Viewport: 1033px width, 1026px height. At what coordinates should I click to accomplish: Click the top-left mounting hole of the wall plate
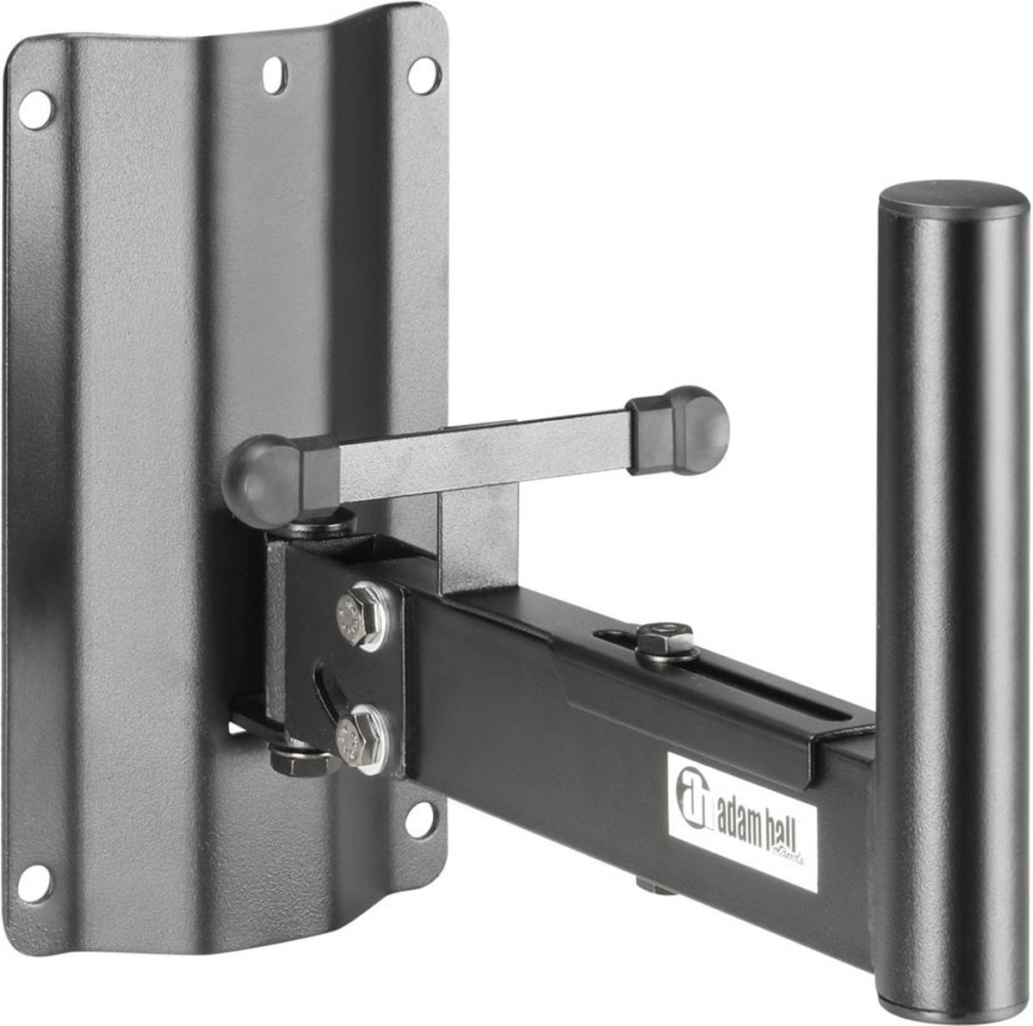coord(35,111)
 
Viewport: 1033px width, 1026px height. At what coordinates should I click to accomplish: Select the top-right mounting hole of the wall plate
coord(421,76)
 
